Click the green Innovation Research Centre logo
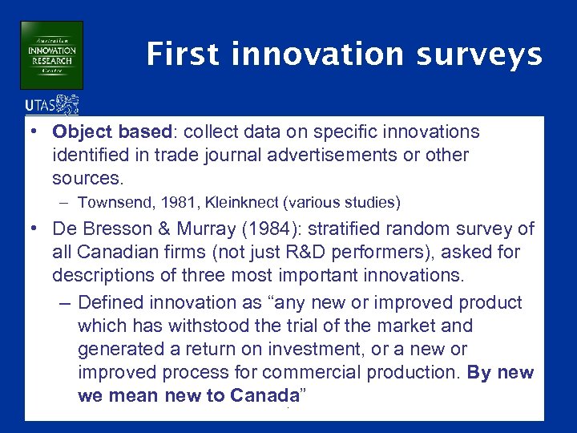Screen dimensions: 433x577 coord(52,55)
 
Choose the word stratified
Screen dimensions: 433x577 coord(349,229)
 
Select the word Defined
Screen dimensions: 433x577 coord(112,303)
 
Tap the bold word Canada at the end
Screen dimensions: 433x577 coord(264,396)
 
